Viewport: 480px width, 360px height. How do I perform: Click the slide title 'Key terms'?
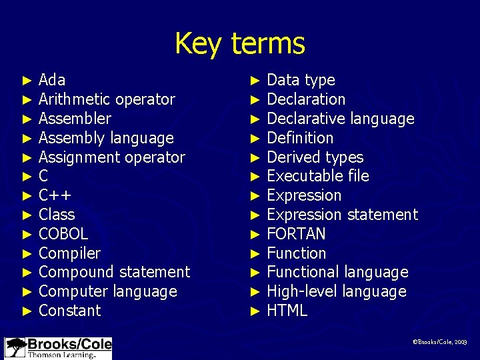point(239,43)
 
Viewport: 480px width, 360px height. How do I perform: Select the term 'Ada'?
point(52,80)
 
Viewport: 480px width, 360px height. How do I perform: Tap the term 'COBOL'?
point(63,234)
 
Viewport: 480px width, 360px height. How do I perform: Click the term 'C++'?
point(55,195)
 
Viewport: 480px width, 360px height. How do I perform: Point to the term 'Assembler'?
point(75,119)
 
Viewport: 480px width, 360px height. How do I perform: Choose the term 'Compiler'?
point(69,253)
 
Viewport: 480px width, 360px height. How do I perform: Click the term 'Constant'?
point(70,311)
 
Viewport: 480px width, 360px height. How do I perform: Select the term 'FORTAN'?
point(296,234)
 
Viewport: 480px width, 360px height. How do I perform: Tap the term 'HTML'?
point(287,311)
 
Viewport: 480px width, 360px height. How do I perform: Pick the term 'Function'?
point(296,253)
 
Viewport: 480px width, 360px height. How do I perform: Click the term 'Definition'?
point(300,138)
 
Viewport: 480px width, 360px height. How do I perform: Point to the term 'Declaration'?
point(306,99)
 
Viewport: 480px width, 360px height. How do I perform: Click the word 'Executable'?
point(299,176)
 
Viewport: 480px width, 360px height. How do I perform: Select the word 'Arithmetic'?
point(74,99)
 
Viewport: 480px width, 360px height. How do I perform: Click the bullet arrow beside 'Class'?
point(27,215)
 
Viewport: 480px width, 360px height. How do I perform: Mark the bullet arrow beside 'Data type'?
point(255,81)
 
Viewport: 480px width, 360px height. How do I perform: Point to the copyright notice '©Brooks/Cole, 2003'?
point(440,341)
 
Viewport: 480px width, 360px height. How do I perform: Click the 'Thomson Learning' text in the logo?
point(61,355)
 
